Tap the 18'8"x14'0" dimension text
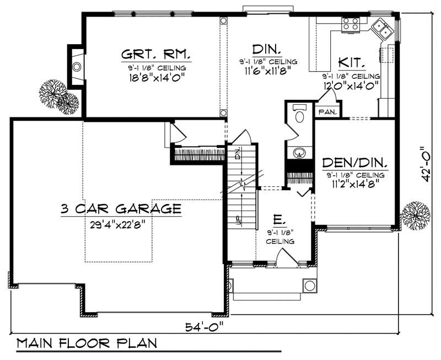157,77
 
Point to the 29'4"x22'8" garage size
122,224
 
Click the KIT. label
351,62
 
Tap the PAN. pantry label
325,111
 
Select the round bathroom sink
299,151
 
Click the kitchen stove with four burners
350,24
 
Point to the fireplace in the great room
77,66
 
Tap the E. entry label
279,220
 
